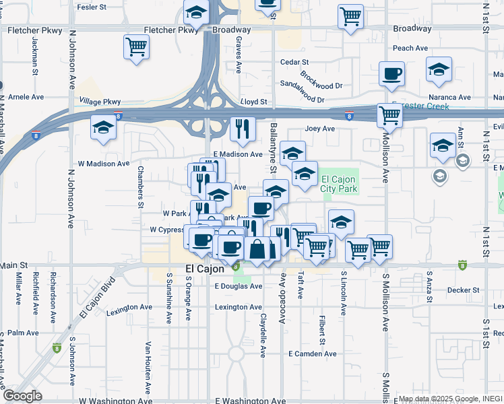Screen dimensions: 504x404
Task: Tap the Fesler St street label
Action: tap(92, 7)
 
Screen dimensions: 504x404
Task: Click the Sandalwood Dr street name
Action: tap(302, 94)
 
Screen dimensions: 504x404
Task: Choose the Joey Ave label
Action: tap(319, 129)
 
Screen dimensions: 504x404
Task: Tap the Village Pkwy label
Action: tap(100, 102)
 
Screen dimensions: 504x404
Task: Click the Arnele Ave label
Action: tap(26, 97)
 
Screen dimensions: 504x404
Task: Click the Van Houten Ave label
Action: tap(148, 368)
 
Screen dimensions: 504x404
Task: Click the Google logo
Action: tap(22, 397)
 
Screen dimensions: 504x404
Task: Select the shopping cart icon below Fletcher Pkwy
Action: tap(136, 47)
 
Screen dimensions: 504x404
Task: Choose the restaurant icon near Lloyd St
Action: tap(242, 129)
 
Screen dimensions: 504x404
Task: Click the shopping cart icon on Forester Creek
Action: tap(389, 115)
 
